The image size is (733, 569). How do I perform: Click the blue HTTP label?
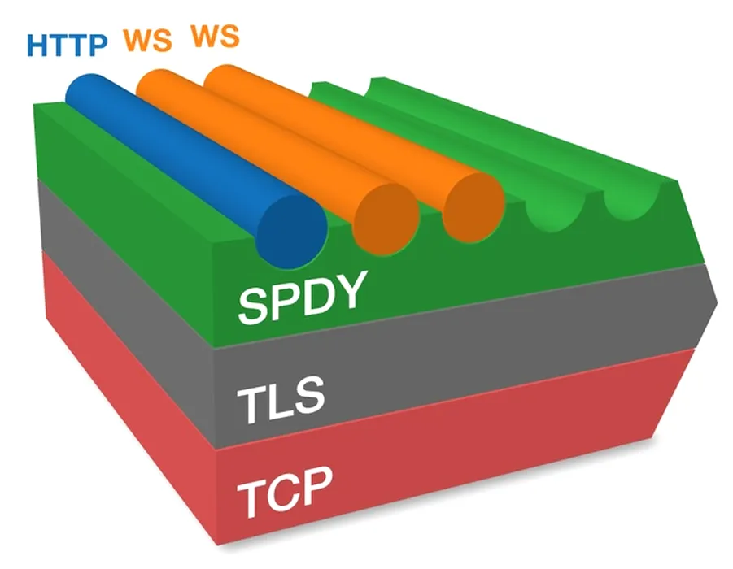tap(67, 45)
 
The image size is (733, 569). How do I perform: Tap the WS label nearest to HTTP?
tap(147, 41)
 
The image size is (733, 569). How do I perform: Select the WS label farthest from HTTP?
tap(215, 37)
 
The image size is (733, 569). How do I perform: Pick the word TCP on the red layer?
tap(286, 488)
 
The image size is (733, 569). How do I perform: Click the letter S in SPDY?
tap(253, 305)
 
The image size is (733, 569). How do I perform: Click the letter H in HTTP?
tap(38, 46)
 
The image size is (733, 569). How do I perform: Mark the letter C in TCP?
tap(285, 489)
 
